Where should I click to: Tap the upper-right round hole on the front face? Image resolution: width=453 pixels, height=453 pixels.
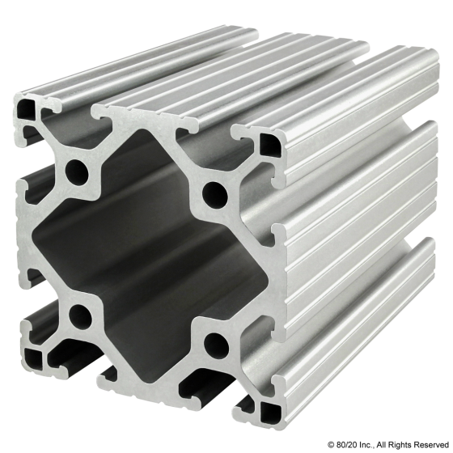click(x=214, y=193)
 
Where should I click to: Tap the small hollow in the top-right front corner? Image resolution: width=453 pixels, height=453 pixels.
click(x=268, y=147)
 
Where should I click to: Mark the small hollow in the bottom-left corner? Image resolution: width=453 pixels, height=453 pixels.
click(x=36, y=356)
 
